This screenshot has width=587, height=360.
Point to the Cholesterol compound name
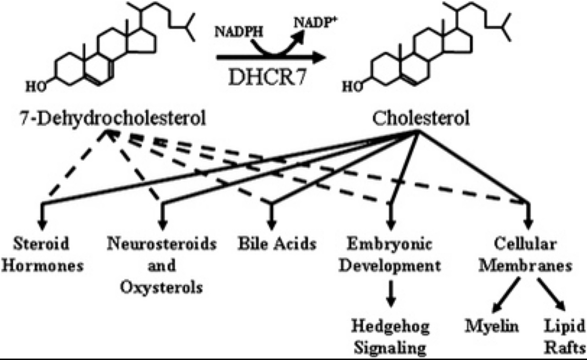(x=421, y=118)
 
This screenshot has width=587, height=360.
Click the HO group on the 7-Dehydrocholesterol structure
(x=35, y=87)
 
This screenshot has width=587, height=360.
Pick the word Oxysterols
(x=162, y=288)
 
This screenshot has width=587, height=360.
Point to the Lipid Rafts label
(x=565, y=338)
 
